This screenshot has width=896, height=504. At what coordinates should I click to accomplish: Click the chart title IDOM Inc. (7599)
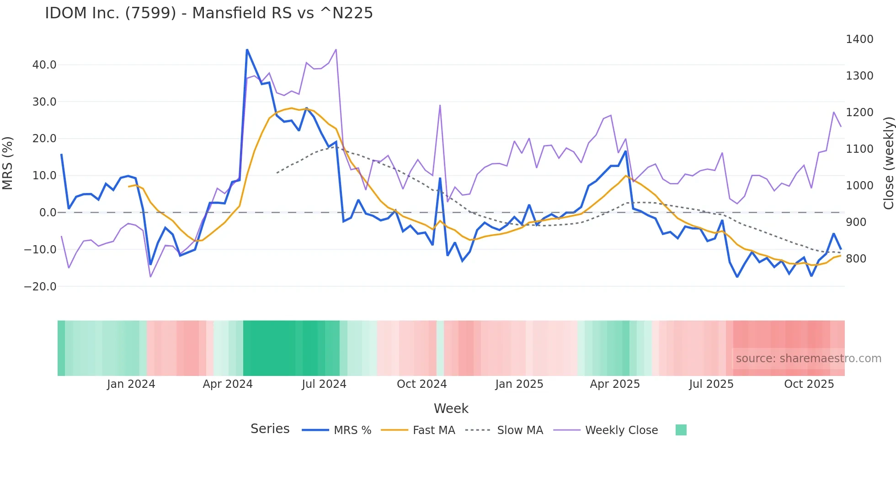[x=208, y=13]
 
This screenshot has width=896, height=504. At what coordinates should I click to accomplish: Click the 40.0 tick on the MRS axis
[x=44, y=65]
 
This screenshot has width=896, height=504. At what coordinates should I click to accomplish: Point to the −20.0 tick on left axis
[x=40, y=287]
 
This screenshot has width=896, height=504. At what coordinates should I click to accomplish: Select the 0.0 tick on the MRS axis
[x=48, y=213]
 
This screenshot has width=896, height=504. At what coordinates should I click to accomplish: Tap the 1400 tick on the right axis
[x=859, y=39]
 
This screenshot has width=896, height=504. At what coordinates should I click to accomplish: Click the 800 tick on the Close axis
[x=856, y=259]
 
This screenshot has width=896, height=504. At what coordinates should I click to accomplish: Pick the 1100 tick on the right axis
[x=859, y=149]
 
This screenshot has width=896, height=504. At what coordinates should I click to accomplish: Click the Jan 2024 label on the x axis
[x=131, y=384]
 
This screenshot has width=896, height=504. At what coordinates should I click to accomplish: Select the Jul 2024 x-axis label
[x=324, y=384]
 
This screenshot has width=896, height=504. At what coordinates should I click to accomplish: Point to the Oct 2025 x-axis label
[x=809, y=384]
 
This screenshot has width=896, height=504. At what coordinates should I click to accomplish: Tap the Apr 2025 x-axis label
[x=614, y=384]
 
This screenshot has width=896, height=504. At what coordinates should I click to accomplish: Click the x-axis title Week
[x=451, y=408]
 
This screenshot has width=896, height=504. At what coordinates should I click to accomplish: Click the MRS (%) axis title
[x=8, y=163]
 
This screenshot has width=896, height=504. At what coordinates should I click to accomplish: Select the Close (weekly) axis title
[x=888, y=163]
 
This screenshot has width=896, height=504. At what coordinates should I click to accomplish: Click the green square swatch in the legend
[x=681, y=430]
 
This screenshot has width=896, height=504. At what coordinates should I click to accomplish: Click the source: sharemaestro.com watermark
[x=808, y=359]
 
